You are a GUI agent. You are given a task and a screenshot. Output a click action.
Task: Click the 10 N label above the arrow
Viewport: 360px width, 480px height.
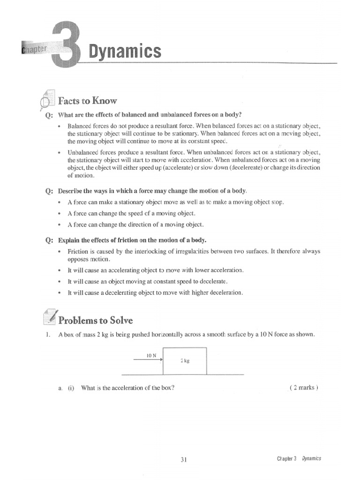click(x=150, y=355)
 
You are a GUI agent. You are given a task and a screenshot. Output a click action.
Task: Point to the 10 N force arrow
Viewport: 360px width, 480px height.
click(x=148, y=360)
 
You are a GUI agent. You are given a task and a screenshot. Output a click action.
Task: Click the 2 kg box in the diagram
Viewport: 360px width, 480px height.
click(x=185, y=361)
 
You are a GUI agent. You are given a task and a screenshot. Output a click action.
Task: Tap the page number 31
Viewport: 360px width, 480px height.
click(x=184, y=459)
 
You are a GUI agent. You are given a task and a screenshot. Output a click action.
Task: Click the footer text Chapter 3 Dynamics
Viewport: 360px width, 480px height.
click(x=299, y=459)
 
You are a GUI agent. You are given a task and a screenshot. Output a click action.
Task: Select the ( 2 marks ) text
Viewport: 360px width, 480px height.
click(x=305, y=388)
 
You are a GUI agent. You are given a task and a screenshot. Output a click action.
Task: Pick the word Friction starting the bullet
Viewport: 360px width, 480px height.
click(x=78, y=251)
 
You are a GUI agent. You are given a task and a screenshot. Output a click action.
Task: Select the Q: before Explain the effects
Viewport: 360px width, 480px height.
click(x=49, y=240)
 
